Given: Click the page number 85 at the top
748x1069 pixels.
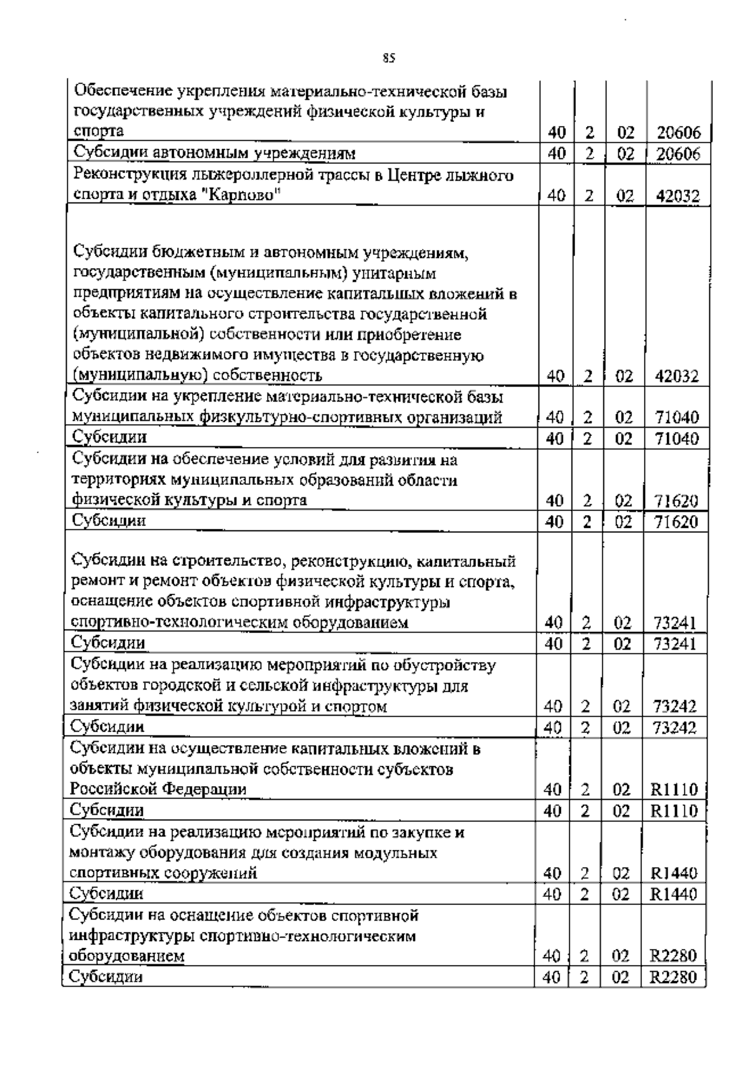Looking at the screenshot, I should [389, 59].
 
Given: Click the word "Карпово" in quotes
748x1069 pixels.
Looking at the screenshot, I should [244, 196].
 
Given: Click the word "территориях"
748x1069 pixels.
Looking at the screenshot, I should [121, 480].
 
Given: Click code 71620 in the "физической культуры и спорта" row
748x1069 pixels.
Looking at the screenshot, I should [676, 501].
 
